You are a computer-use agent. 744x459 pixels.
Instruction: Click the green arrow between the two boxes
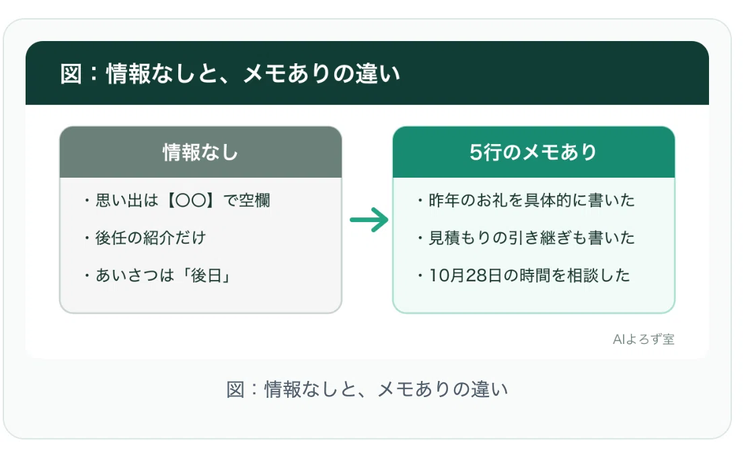point(369,220)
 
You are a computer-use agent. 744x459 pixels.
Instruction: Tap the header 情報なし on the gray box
point(200,152)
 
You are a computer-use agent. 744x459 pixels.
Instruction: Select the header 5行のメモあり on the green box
point(533,152)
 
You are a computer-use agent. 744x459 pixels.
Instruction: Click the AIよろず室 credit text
point(643,339)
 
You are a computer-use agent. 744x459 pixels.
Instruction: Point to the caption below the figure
point(367,389)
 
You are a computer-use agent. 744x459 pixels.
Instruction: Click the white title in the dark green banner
point(230,73)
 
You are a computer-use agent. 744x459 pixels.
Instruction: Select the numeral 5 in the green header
point(476,152)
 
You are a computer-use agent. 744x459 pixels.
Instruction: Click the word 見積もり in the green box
point(460,238)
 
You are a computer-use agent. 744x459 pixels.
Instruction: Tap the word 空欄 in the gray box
point(255,201)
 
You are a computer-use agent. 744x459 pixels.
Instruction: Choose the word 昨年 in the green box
point(444,201)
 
